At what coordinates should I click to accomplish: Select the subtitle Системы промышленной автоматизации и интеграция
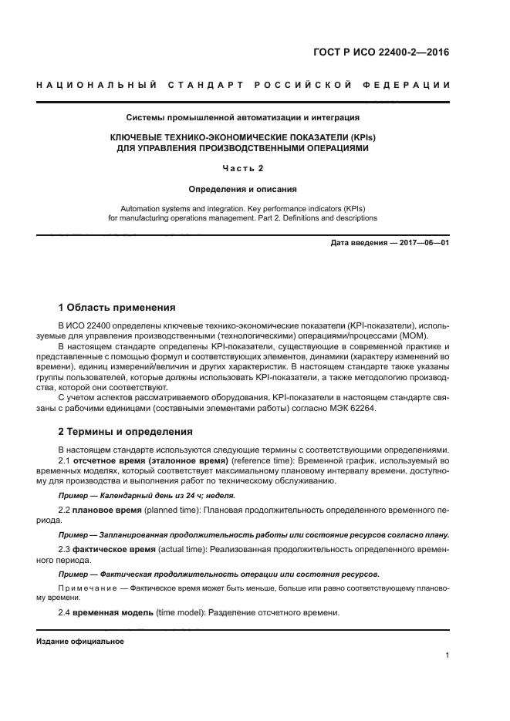click(243, 118)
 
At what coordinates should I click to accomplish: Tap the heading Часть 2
click(243, 167)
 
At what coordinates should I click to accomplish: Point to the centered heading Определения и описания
click(243, 188)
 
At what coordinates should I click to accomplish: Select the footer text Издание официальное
click(80, 642)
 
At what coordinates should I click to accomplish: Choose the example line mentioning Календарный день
click(147, 495)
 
